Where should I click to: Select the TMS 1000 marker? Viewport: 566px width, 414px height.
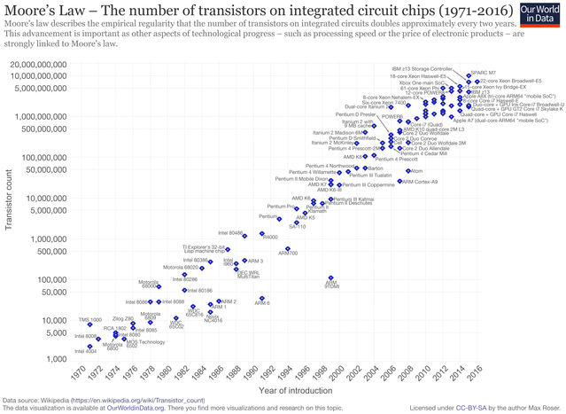coord(89,324)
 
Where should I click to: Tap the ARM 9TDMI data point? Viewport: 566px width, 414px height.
coord(330,277)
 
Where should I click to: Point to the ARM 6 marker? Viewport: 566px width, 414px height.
coord(261,298)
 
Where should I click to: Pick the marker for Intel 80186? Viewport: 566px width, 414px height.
coord(184,290)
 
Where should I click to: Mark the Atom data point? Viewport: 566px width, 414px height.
coord(408,170)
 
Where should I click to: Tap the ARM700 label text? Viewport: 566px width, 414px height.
coord(288,253)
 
